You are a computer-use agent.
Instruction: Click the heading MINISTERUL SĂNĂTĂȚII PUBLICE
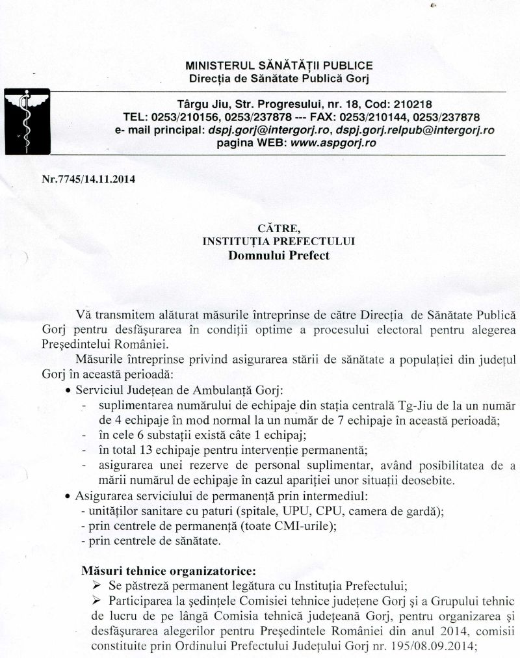coord(279,66)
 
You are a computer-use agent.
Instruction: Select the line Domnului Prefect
coord(279,255)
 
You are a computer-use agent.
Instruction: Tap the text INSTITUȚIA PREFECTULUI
coord(279,241)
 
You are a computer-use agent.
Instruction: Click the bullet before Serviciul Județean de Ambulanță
coord(68,391)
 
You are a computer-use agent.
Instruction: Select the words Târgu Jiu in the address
coord(201,104)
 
